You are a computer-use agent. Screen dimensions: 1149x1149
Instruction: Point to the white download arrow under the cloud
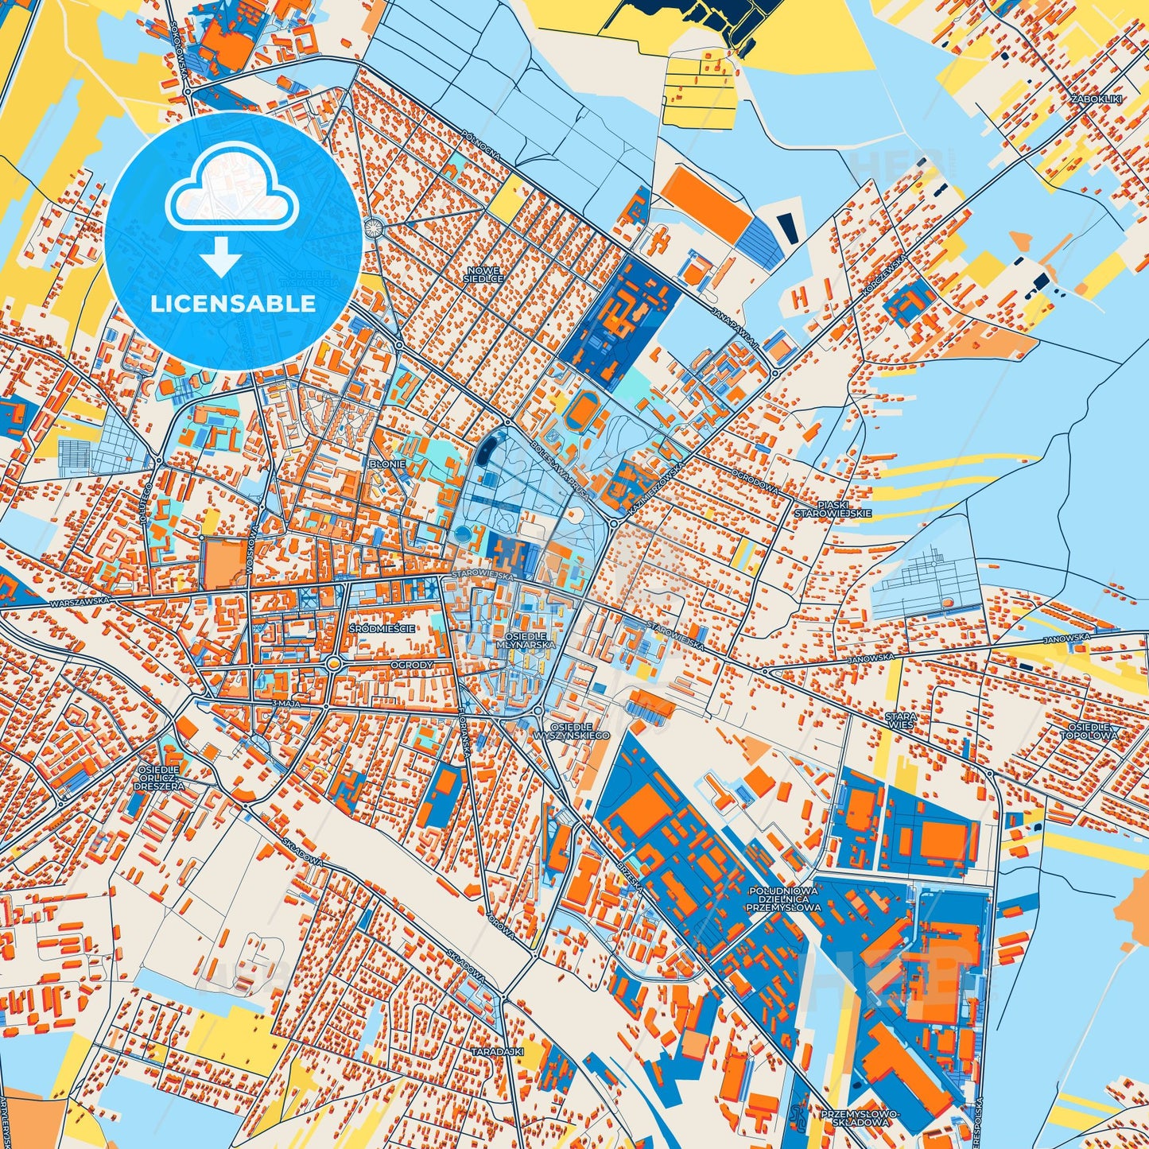pos(221,258)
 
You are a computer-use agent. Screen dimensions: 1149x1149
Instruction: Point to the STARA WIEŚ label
pos(901,720)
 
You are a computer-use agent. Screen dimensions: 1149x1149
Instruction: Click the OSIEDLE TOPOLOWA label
pos(1093,731)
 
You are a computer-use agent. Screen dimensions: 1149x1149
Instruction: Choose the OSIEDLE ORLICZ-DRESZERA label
pos(161,778)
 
